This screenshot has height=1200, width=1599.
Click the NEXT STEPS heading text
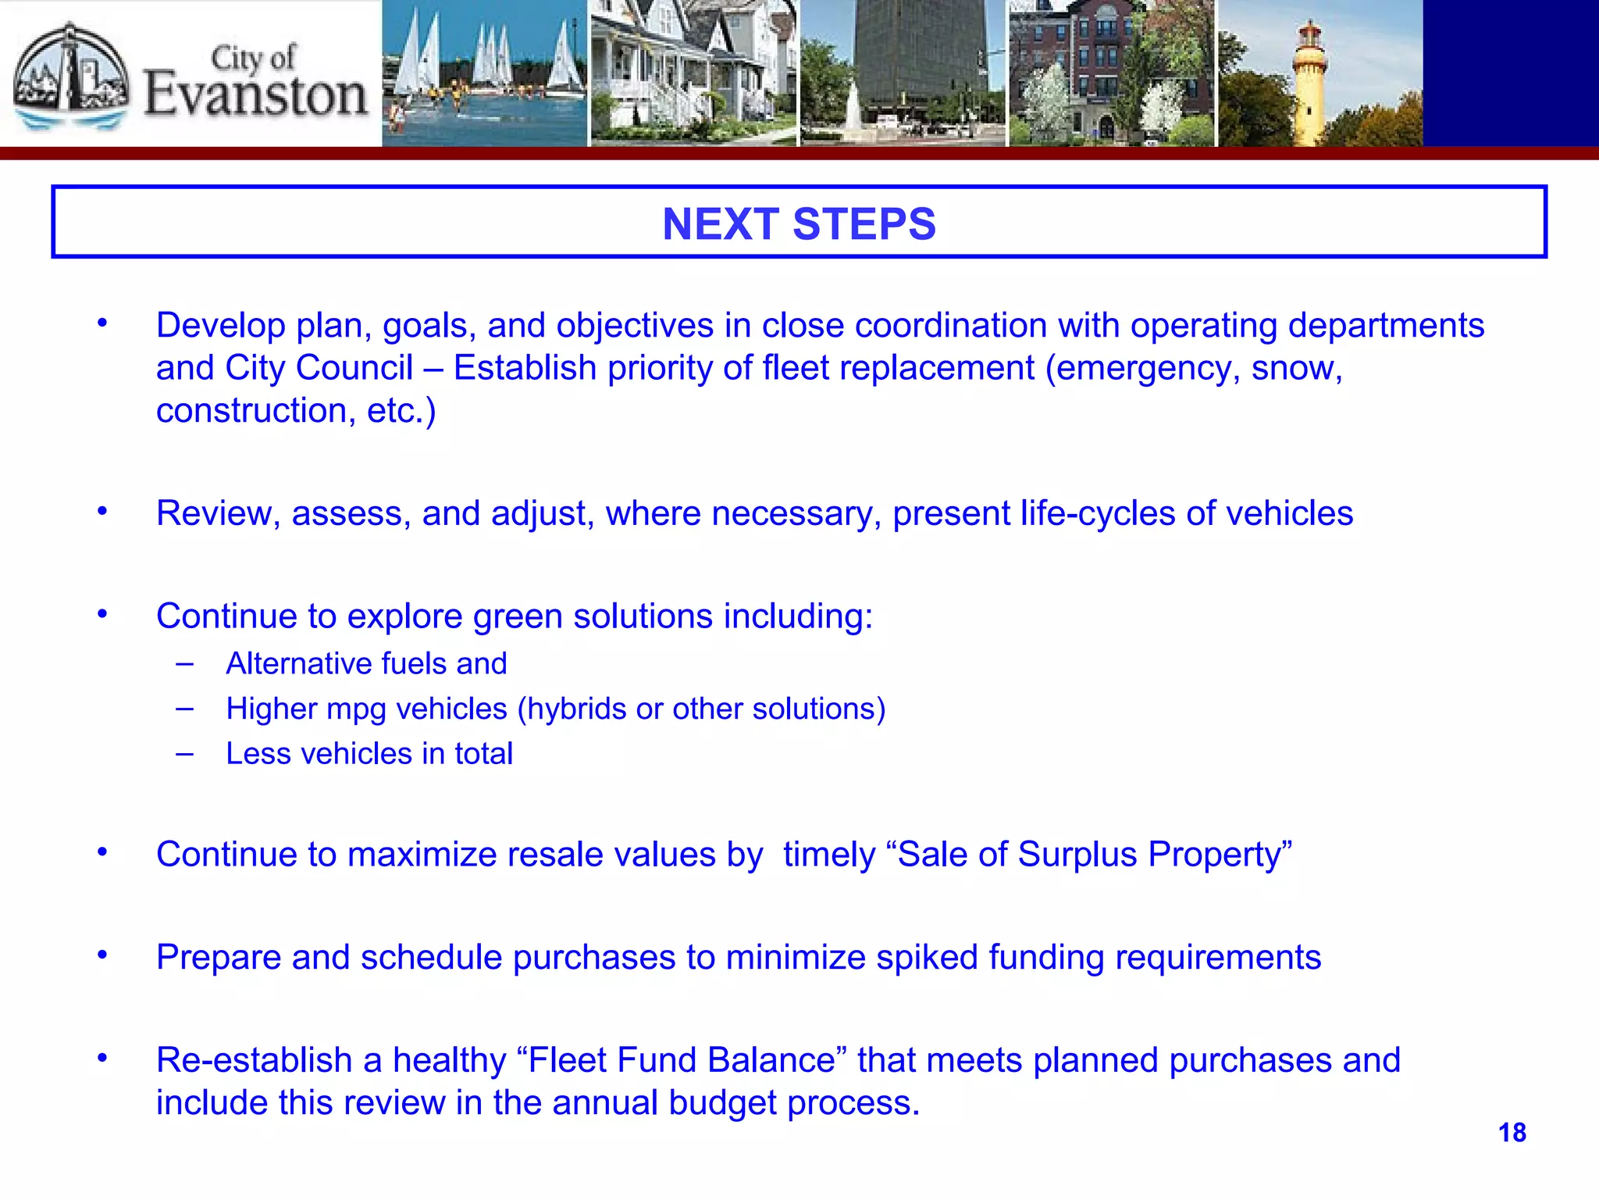pos(799,224)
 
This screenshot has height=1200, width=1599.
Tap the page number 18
pos(1512,1132)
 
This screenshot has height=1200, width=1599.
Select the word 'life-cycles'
pos(1097,513)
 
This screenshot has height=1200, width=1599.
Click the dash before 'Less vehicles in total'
pos(185,754)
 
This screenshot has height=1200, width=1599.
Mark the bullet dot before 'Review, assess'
pos(102,512)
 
